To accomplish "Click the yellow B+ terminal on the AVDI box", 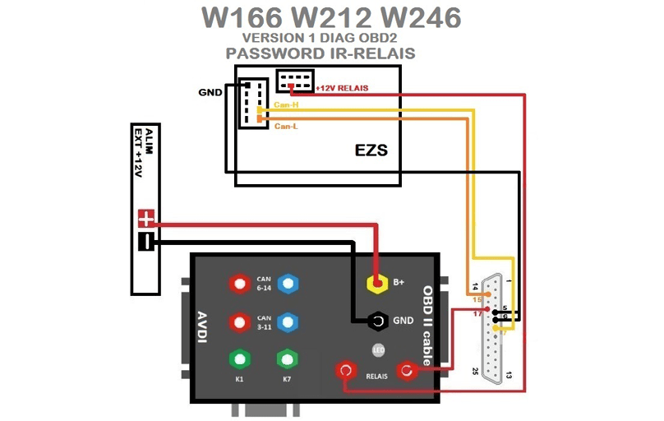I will click(378, 283).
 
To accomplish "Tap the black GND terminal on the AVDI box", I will click(378, 320).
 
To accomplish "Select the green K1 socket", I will click(239, 359).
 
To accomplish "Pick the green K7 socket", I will click(287, 359).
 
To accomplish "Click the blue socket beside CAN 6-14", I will click(287, 284).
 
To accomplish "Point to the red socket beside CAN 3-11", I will click(239, 321).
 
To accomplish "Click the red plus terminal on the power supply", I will click(146, 219).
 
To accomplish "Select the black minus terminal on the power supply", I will click(146, 242).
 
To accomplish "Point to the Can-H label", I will click(285, 105).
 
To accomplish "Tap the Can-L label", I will click(285, 127).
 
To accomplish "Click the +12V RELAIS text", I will click(342, 88).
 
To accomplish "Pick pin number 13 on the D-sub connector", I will click(510, 375).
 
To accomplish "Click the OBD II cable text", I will click(427, 321).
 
